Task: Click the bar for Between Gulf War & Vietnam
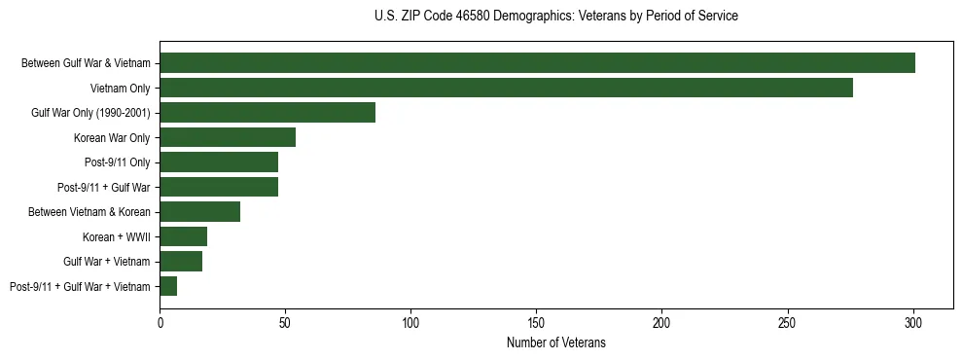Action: click(537, 63)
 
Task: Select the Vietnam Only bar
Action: click(506, 88)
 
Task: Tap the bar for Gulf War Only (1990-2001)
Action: click(267, 113)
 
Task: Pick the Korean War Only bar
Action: click(228, 137)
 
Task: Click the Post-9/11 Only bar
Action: click(219, 162)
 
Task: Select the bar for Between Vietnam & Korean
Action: click(200, 211)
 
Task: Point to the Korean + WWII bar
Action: click(184, 236)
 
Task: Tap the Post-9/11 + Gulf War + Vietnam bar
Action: click(168, 286)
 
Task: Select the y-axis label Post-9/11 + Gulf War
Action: click(103, 187)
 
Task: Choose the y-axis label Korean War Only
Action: click(112, 137)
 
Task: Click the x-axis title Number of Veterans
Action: click(556, 342)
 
